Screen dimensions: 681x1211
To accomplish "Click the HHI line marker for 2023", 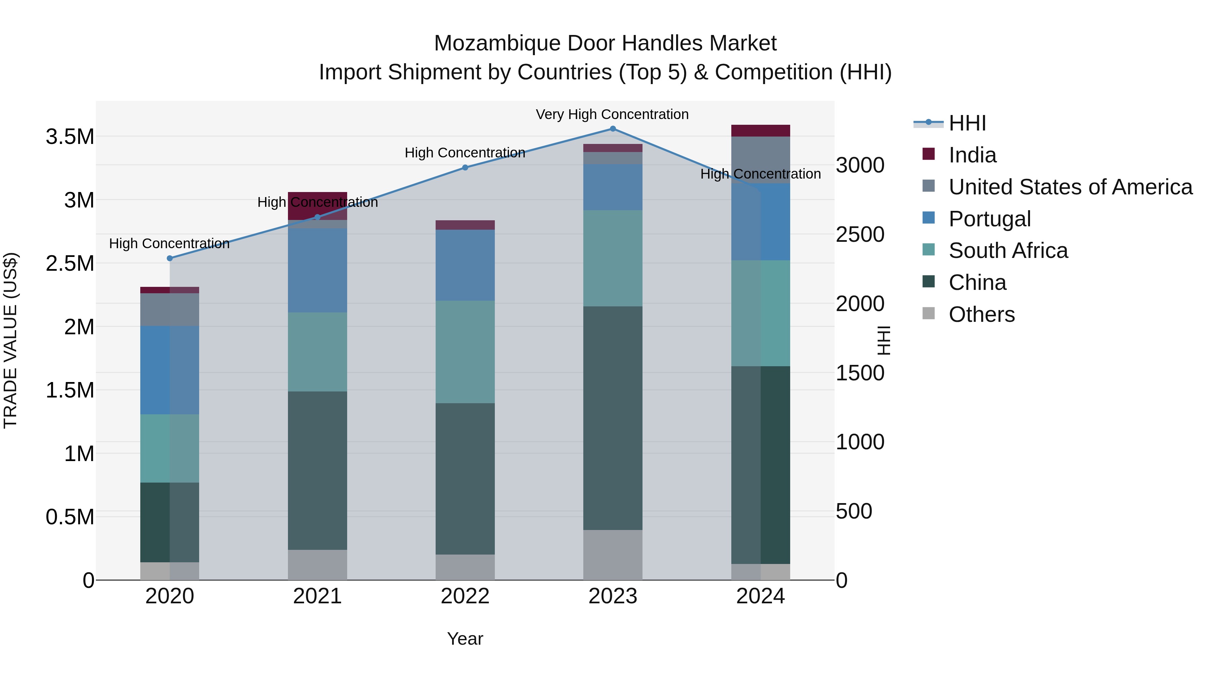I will tap(613, 128).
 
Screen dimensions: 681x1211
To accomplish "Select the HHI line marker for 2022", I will tap(465, 167).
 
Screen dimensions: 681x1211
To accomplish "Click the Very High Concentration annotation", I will tap(612, 114).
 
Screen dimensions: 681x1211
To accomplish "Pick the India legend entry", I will tap(972, 155).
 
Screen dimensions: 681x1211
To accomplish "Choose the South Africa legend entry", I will tap(1008, 251).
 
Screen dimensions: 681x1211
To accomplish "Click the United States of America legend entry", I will tap(1070, 187).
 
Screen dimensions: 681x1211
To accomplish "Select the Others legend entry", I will tap(982, 314).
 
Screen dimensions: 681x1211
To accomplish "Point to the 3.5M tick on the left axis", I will tap(70, 137).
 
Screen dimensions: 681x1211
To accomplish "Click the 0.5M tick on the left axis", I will tap(70, 517).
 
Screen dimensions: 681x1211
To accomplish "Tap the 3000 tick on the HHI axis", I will tap(860, 165).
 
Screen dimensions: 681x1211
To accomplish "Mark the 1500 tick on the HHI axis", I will tap(860, 373).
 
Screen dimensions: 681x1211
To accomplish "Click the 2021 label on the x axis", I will tap(317, 596).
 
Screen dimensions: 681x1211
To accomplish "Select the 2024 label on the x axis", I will tap(760, 596).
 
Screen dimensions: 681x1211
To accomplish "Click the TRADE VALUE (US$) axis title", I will tap(10, 340).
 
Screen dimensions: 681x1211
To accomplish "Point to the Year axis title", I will tap(465, 639).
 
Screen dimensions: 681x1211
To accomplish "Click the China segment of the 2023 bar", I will tap(613, 418).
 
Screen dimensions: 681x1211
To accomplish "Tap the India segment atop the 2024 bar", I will tap(760, 131).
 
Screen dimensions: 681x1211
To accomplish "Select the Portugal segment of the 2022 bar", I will tap(465, 265).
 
